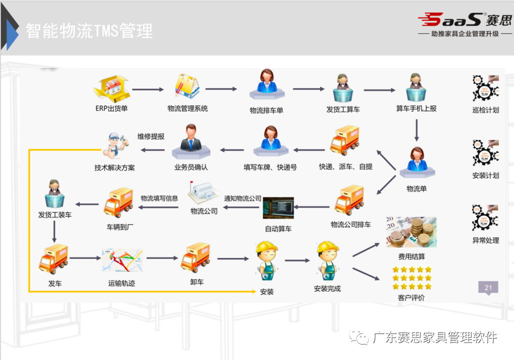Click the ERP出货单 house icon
(111, 88)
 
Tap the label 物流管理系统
(187, 108)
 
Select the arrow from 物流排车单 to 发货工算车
(308, 89)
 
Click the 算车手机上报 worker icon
(415, 88)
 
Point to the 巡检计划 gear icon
(485, 88)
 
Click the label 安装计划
(485, 175)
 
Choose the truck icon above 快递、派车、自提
(345, 140)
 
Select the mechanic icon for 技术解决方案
(114, 145)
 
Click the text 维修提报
(151, 136)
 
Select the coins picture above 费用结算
(411, 232)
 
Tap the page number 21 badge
(488, 287)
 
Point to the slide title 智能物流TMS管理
(89, 31)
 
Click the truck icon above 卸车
(195, 258)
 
